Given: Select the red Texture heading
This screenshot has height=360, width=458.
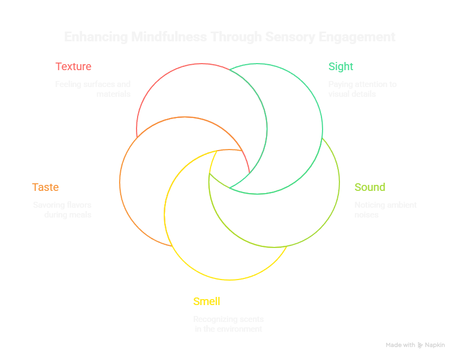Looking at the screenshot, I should point(73,67).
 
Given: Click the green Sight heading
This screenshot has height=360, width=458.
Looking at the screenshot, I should point(341,67).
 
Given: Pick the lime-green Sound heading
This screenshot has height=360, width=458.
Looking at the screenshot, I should point(370,188).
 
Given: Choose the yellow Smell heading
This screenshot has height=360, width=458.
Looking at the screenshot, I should point(207,302).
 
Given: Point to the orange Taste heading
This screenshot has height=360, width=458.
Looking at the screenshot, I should point(45,188).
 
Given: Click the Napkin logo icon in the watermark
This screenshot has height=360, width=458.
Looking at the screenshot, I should point(420,345).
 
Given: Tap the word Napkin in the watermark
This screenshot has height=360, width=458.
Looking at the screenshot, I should point(435,345).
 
